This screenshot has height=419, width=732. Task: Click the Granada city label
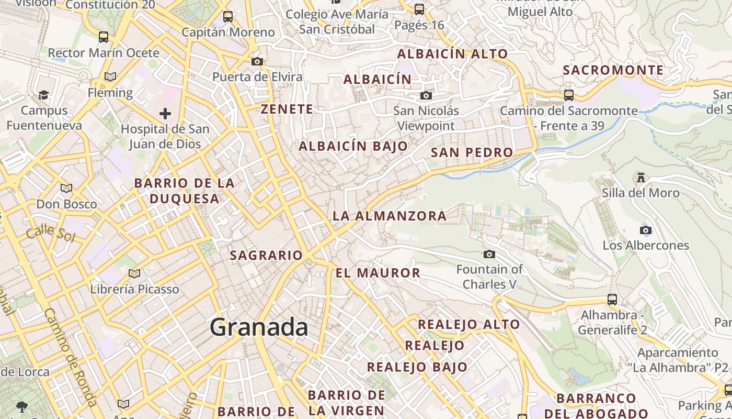[259, 327]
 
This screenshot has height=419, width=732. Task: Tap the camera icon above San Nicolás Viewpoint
[426, 95]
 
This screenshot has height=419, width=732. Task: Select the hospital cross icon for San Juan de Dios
[165, 113]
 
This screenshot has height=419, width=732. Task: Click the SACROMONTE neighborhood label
[613, 70]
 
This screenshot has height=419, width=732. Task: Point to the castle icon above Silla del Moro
[641, 178]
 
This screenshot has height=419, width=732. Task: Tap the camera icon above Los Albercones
[646, 230]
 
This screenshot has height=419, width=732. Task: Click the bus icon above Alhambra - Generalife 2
[612, 300]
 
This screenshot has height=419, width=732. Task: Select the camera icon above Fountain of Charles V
[489, 254]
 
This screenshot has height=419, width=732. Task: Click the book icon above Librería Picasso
[134, 273]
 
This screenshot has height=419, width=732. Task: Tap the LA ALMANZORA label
[390, 216]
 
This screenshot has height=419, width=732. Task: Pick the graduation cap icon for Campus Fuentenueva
[44, 95]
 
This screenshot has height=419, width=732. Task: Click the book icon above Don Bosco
[66, 188]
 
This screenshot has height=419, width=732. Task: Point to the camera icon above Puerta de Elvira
[257, 61]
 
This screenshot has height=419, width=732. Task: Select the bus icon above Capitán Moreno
[228, 17]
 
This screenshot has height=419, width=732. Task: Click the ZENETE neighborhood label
[287, 109]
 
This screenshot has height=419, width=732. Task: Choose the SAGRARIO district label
[266, 256]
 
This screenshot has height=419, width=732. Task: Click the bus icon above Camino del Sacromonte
[569, 95]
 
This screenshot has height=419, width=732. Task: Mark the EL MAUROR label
[378, 273]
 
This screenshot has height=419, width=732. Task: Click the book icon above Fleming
[110, 77]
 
